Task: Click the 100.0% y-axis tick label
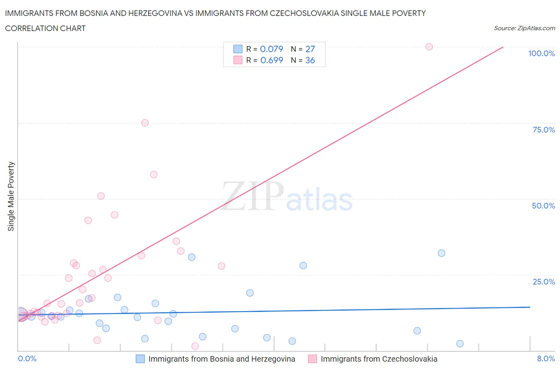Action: tap(541, 53)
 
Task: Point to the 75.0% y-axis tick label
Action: tap(544, 130)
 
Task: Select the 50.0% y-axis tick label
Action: tap(543, 206)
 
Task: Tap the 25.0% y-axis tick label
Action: tap(544, 282)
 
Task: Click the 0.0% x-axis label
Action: tap(27, 358)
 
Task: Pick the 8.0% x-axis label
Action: tap(546, 358)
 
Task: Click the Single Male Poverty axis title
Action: tap(11, 196)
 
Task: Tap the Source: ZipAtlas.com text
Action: tap(524, 28)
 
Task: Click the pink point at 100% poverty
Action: tap(429, 47)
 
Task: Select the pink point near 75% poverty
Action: tap(145, 123)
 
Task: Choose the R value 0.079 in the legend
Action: tap(271, 49)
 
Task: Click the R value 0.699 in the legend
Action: tap(272, 60)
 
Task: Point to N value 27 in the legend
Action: tap(310, 49)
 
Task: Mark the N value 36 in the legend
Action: tap(310, 60)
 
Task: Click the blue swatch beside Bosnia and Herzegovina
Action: tap(140, 359)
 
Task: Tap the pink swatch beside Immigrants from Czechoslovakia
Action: tap(312, 359)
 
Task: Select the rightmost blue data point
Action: tap(460, 344)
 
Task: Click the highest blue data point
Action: tap(441, 253)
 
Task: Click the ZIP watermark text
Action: tap(253, 196)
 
